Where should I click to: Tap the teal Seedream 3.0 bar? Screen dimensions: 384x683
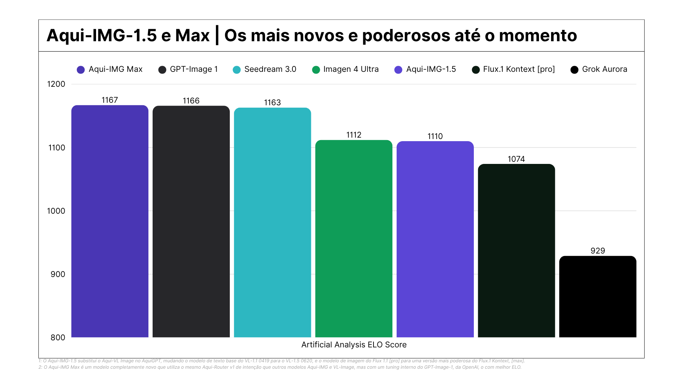click(x=272, y=222)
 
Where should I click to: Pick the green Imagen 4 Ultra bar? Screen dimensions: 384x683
click(x=354, y=238)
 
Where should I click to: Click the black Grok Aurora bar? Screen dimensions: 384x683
click(x=598, y=297)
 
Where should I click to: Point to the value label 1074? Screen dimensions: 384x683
click(x=516, y=159)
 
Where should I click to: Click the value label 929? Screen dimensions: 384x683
click(x=598, y=251)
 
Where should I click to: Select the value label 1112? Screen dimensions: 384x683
click(x=354, y=135)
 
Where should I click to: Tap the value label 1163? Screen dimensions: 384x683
click(x=272, y=102)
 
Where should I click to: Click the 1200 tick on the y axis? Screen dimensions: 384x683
click(x=56, y=84)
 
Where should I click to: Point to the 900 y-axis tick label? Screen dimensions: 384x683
click(x=58, y=274)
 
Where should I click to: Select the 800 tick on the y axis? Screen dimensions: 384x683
click(x=58, y=337)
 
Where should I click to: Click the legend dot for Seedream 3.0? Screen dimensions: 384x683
click(x=237, y=70)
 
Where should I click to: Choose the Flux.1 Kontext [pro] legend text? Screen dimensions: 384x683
click(x=519, y=69)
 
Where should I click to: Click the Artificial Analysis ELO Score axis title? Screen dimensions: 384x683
click(x=354, y=345)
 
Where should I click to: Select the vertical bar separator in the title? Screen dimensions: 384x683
click(x=217, y=36)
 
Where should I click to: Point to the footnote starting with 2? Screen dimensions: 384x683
click(x=280, y=367)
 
